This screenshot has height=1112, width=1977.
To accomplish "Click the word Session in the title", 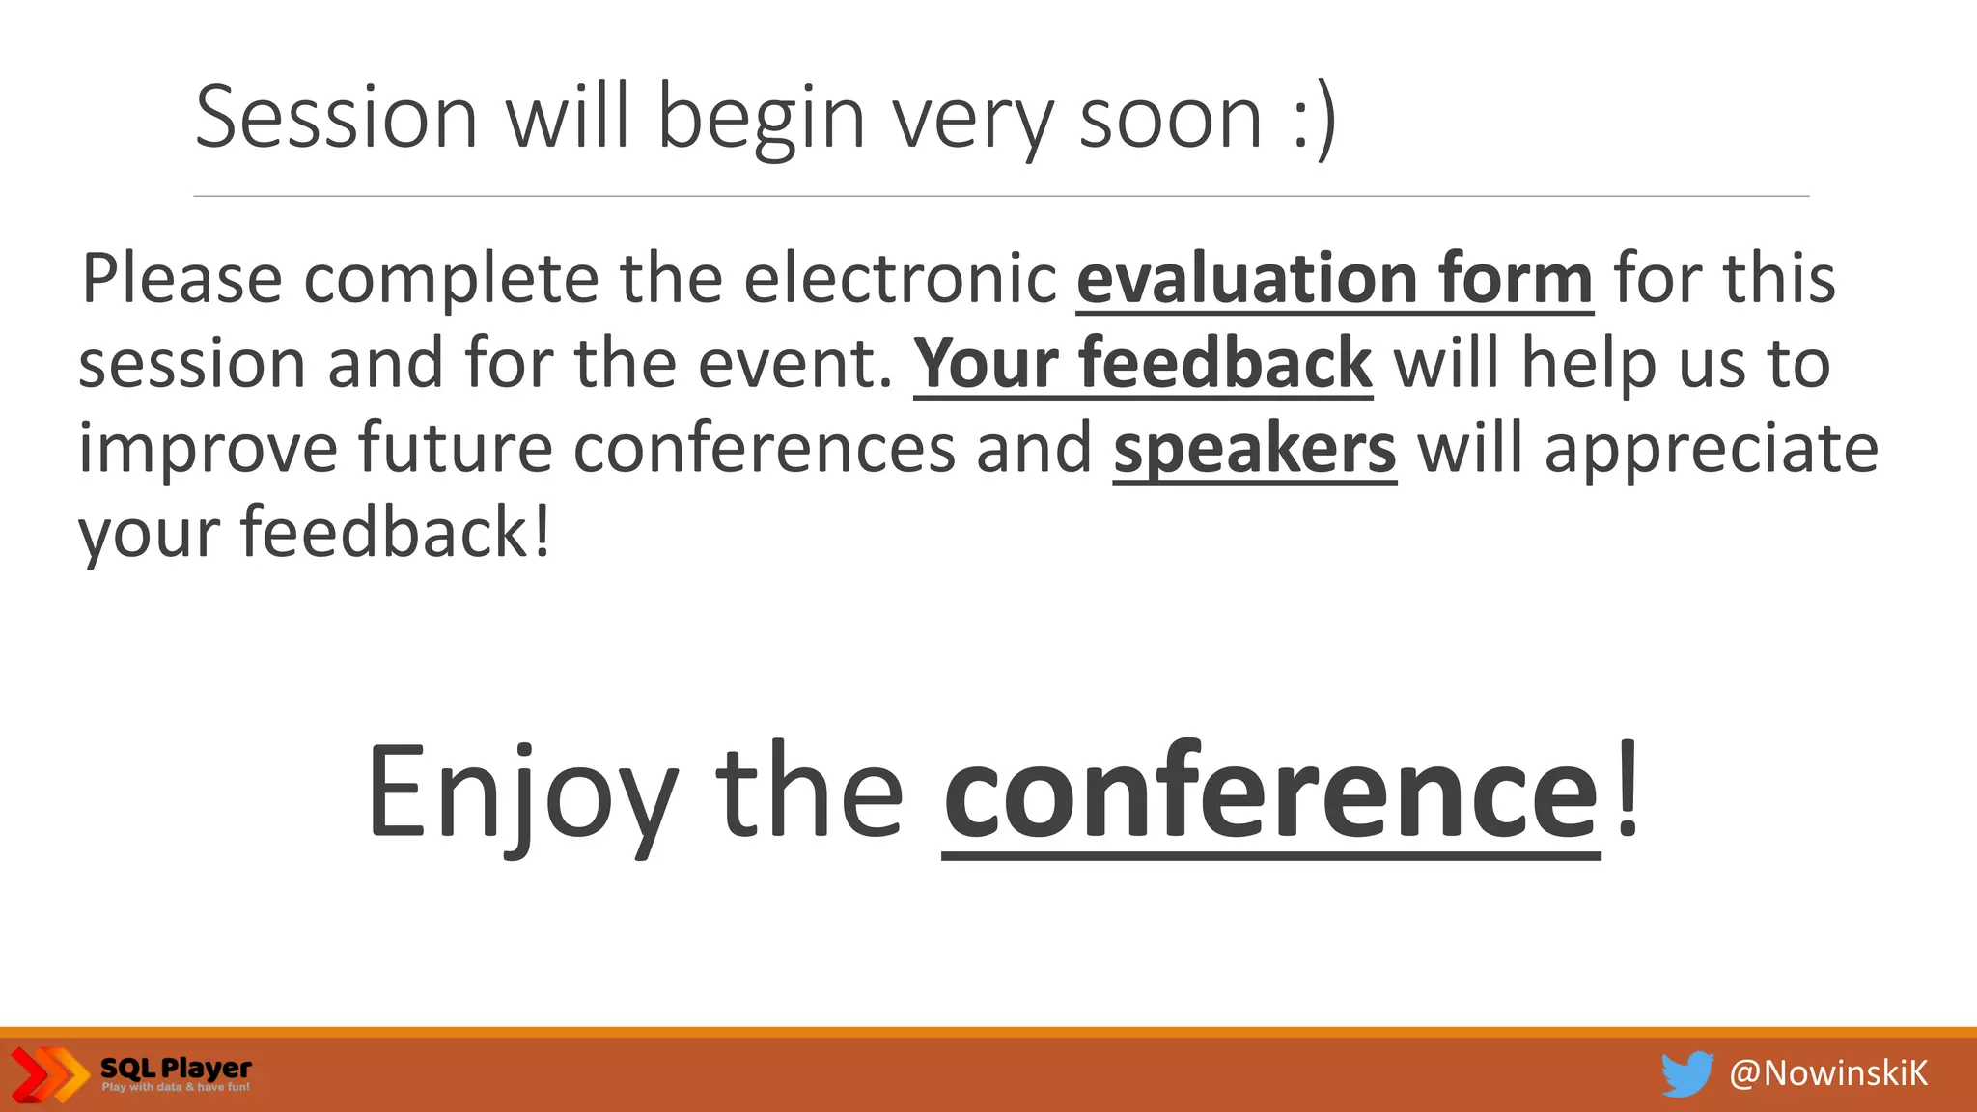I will click(336, 117).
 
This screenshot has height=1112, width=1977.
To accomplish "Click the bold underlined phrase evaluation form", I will click(1334, 279).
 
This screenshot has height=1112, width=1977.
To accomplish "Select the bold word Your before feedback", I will click(986, 364).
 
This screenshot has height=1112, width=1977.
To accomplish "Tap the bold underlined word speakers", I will click(1254, 449).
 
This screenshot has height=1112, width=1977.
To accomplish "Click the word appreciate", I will click(1711, 451).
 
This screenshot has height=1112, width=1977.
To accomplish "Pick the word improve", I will click(208, 449).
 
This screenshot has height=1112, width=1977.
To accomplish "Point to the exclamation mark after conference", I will click(1628, 787).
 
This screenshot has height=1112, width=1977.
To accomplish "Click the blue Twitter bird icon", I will click(1686, 1073).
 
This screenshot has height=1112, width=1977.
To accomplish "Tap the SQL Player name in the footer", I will click(176, 1068).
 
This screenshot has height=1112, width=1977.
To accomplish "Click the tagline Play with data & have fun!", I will click(176, 1088).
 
